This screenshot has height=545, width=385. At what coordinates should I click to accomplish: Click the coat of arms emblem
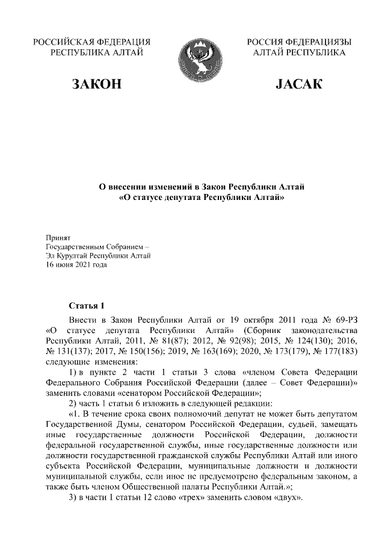tap(192, 58)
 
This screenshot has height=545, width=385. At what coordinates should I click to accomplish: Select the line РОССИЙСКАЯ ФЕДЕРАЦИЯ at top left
tap(91, 42)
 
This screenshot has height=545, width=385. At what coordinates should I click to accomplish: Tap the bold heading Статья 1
tap(87, 305)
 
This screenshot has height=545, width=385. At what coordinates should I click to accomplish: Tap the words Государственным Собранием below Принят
tap(93, 247)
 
